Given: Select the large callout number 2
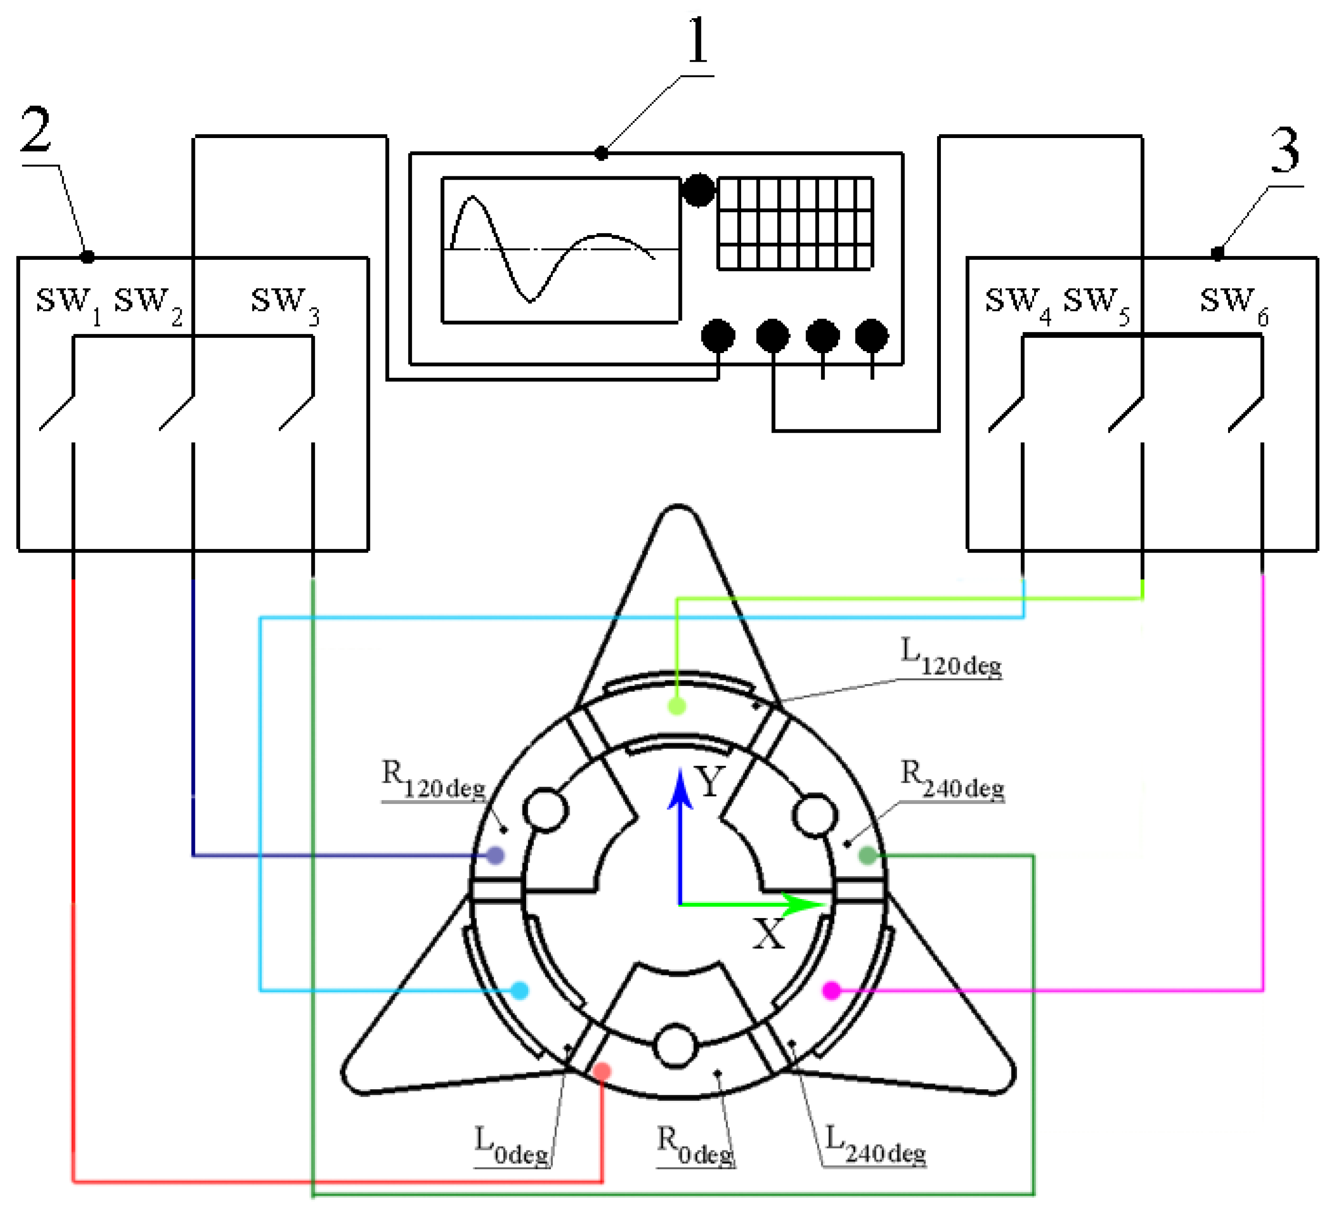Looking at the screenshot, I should (x=36, y=130).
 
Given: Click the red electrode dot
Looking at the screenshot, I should (x=601, y=1072).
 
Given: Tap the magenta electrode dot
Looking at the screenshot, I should (x=831, y=991).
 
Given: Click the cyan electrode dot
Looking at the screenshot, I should (x=520, y=991).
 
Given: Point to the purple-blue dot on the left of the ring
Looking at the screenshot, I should (x=495, y=855).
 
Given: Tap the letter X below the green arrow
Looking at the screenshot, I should (x=768, y=934).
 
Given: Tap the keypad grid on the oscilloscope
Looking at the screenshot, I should (x=794, y=223).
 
